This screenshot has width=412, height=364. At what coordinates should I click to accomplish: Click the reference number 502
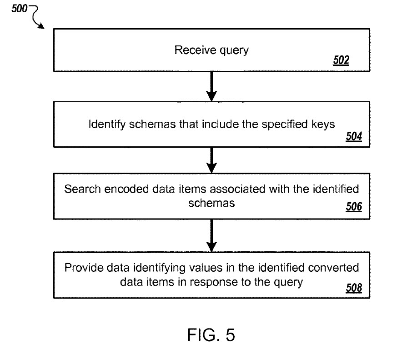(x=341, y=60)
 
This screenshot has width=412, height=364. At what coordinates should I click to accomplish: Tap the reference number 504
(x=354, y=136)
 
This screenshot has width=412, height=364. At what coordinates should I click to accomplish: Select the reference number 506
(x=354, y=207)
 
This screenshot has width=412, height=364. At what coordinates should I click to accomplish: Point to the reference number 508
(x=354, y=288)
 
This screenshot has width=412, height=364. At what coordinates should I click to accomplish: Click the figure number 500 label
(x=20, y=9)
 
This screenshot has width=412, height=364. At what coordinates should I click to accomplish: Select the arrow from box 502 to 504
(x=211, y=86)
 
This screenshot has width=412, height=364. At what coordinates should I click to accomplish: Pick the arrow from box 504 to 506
(x=211, y=160)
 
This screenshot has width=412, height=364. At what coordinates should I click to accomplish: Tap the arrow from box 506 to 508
(x=211, y=235)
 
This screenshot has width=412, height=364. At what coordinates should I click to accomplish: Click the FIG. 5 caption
(x=211, y=335)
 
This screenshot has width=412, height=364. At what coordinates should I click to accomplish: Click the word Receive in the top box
(x=195, y=50)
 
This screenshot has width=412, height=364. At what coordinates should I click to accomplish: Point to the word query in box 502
(x=234, y=50)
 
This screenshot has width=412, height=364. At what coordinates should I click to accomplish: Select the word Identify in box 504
(x=107, y=124)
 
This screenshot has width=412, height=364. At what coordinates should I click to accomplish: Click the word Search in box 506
(x=82, y=189)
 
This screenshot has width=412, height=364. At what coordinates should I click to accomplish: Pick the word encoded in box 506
(x=127, y=189)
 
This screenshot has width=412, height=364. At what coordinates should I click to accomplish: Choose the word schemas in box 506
(x=211, y=203)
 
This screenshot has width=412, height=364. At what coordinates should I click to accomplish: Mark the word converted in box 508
(x=333, y=268)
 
